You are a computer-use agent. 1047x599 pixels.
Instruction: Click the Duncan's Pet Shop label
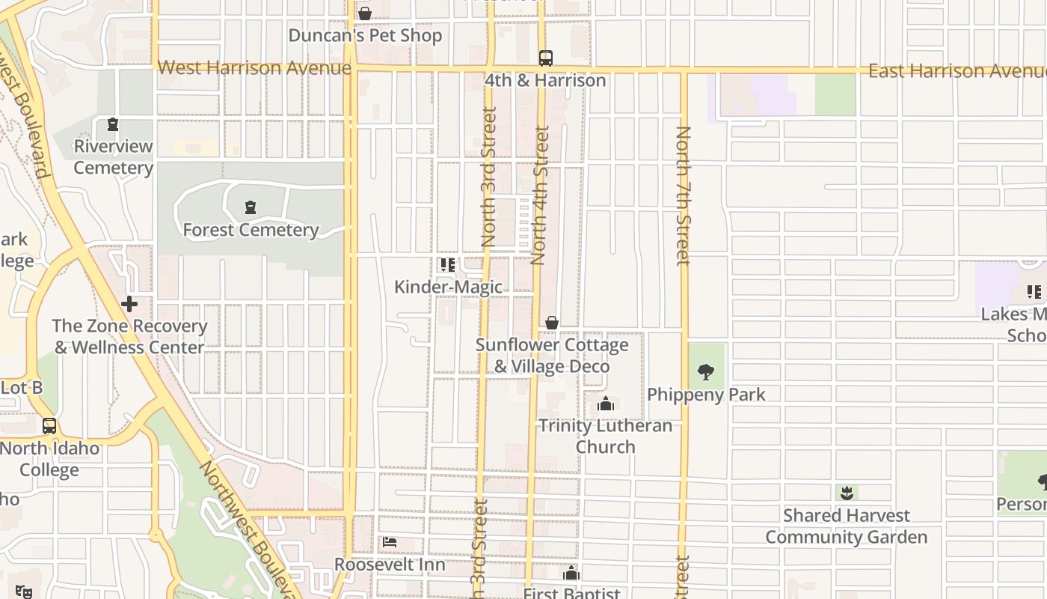(x=365, y=35)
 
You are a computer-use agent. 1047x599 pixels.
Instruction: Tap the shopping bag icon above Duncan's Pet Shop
(x=365, y=13)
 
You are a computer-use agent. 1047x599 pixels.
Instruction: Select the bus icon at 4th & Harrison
(x=546, y=58)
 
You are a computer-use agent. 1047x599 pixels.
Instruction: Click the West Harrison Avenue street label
(x=254, y=68)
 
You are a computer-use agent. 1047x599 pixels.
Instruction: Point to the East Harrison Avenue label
(x=957, y=71)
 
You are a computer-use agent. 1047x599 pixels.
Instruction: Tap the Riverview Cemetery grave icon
(x=113, y=124)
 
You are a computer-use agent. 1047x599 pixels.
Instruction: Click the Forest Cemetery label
(x=251, y=230)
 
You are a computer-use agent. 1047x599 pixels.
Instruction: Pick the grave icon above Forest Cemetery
(x=251, y=207)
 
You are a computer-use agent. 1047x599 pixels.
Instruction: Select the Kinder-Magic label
(x=448, y=287)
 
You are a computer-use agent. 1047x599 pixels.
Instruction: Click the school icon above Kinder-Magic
(x=448, y=265)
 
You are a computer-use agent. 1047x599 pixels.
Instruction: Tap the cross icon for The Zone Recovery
(x=129, y=304)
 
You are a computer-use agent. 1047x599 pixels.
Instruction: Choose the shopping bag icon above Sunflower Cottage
(x=552, y=323)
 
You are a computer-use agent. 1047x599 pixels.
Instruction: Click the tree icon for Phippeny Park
(x=705, y=371)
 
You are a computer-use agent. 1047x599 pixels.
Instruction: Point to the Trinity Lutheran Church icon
(x=606, y=404)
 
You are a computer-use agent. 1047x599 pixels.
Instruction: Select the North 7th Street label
(x=683, y=196)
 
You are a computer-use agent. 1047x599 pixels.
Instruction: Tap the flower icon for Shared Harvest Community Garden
(x=847, y=493)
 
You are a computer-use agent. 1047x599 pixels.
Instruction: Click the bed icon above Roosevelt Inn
(x=390, y=542)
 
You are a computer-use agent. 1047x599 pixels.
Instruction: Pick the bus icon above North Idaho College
(x=49, y=426)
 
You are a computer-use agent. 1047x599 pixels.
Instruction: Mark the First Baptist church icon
(x=572, y=574)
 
